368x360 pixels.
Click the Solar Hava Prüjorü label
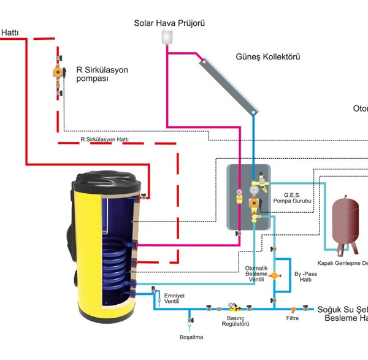(x=169, y=23)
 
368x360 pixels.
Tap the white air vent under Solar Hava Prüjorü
(x=167, y=37)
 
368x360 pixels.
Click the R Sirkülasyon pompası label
(x=102, y=74)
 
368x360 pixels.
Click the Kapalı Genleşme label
(x=347, y=263)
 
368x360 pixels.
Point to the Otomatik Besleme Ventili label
(x=256, y=274)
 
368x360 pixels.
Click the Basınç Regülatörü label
(x=232, y=322)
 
